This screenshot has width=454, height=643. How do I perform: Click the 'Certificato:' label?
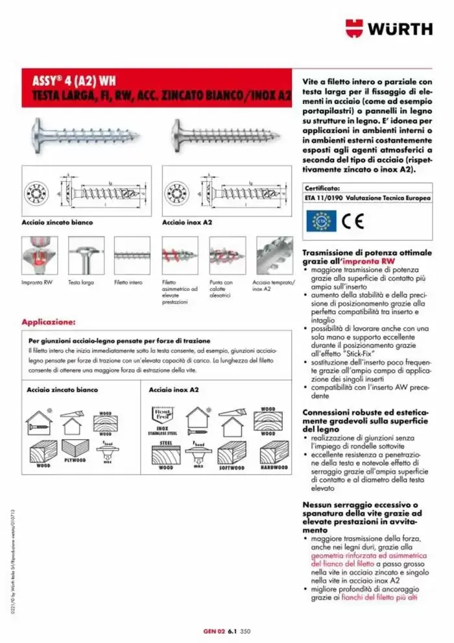(322, 187)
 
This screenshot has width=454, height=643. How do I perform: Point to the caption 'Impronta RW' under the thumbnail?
(37, 283)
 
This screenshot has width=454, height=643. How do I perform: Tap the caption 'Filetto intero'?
(128, 283)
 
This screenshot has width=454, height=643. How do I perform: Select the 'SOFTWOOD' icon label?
(232, 467)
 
